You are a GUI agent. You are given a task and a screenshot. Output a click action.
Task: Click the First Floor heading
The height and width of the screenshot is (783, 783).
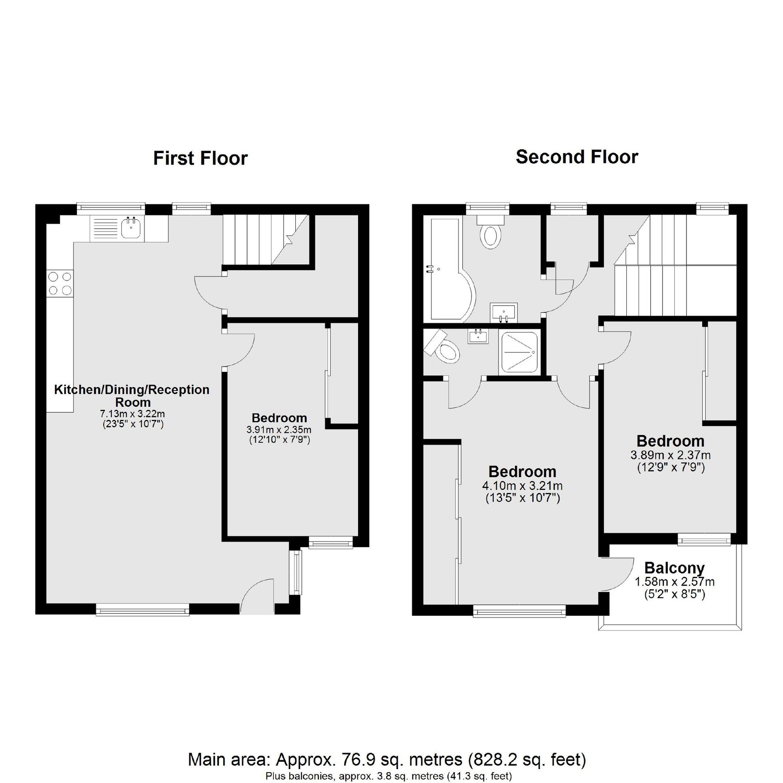[200, 158]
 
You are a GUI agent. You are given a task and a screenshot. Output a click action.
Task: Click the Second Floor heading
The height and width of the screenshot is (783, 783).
[576, 157]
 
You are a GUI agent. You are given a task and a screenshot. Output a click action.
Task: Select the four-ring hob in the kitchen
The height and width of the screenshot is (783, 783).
[60, 283]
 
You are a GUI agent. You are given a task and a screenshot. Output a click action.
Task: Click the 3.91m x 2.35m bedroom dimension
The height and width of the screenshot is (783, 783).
[279, 430]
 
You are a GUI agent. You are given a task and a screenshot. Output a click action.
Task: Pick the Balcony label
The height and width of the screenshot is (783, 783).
[674, 568]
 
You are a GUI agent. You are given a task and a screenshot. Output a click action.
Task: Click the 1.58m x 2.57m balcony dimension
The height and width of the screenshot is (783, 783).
[674, 582]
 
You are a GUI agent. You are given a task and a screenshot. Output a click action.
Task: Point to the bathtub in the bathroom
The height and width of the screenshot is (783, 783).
[446, 270]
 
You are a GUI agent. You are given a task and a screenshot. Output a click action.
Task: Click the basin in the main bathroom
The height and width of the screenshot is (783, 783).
[504, 312]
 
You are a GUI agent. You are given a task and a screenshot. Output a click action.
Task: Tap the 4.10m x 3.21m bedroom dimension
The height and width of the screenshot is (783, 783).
[522, 485]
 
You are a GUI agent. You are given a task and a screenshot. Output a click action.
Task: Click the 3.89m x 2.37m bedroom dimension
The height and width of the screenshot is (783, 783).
[670, 455]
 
